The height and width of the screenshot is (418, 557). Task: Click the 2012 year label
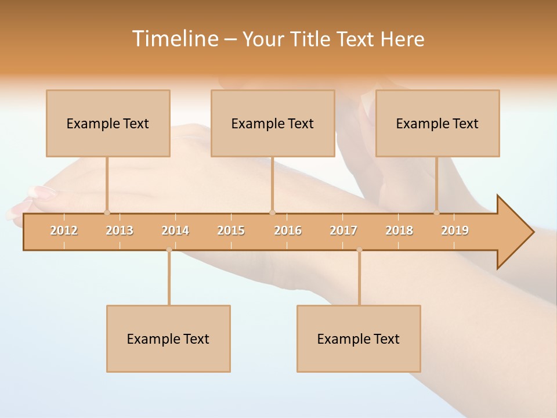coord(64,230)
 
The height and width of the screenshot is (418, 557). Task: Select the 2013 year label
coord(120,230)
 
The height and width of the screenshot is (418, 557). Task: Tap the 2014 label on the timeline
coord(175,230)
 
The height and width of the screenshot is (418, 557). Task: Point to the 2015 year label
coord(231,230)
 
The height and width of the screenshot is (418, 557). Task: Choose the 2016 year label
coord(288,230)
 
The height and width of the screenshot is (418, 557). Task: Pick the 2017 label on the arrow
coord(343,230)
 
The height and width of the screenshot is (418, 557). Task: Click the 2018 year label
coord(399,230)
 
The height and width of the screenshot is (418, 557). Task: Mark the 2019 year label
coord(455,230)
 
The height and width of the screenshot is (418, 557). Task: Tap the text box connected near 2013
coord(108,124)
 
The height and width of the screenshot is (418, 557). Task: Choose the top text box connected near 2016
coord(273,124)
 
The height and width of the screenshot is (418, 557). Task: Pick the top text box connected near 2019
coord(437,124)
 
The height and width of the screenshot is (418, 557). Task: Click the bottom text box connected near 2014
coord(168,339)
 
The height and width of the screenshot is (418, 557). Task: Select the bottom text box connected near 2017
coord(359,339)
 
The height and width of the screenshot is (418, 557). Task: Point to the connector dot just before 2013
coord(107,212)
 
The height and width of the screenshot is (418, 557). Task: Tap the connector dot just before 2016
coord(273,212)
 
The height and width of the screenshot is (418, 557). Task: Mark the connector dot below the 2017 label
coord(359,250)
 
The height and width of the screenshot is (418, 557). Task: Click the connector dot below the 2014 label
coord(169,250)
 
